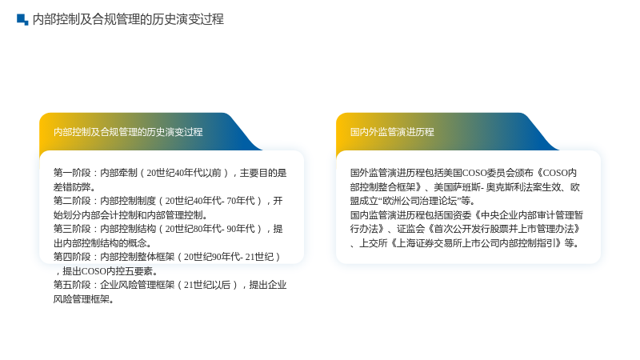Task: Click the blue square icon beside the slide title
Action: [x=22, y=19]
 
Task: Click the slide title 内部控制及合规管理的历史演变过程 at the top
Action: [x=128, y=19]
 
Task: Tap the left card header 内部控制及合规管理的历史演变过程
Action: [x=128, y=132]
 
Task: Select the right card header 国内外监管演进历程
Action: [x=392, y=132]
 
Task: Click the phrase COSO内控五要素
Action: [x=117, y=271]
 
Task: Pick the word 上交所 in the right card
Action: [x=373, y=243]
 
